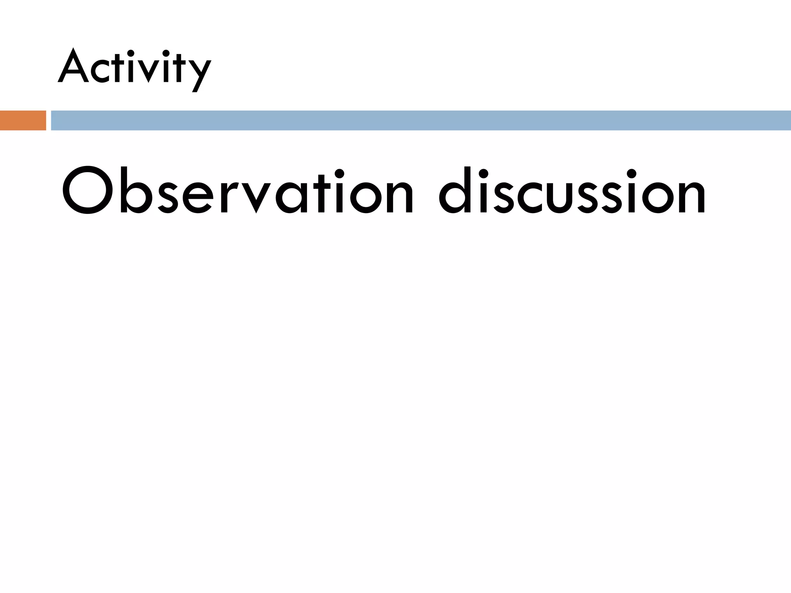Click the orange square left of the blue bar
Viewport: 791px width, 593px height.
click(23, 120)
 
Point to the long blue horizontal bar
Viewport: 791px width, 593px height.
click(421, 120)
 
